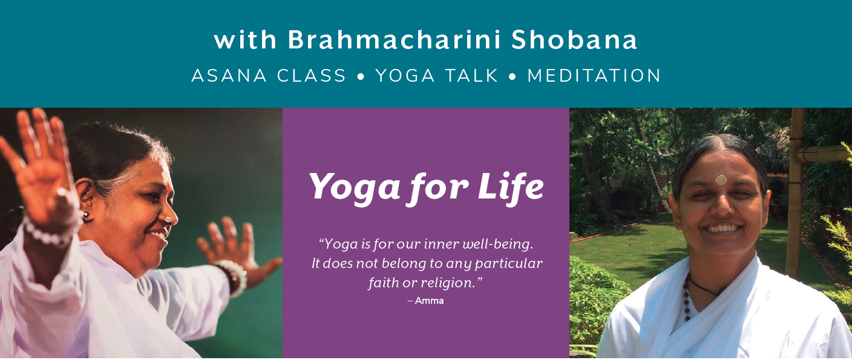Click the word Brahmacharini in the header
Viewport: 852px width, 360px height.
point(394,40)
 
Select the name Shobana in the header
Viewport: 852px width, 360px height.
point(574,40)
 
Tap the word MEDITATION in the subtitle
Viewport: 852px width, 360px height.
point(594,75)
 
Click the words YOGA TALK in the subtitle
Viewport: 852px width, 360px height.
point(437,75)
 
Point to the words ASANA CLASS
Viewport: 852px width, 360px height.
point(269,75)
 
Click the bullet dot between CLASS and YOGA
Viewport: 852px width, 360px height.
point(361,76)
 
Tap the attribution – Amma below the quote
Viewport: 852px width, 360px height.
point(425,301)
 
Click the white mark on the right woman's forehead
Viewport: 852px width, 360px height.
point(721,180)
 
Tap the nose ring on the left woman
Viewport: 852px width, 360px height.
point(167,220)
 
